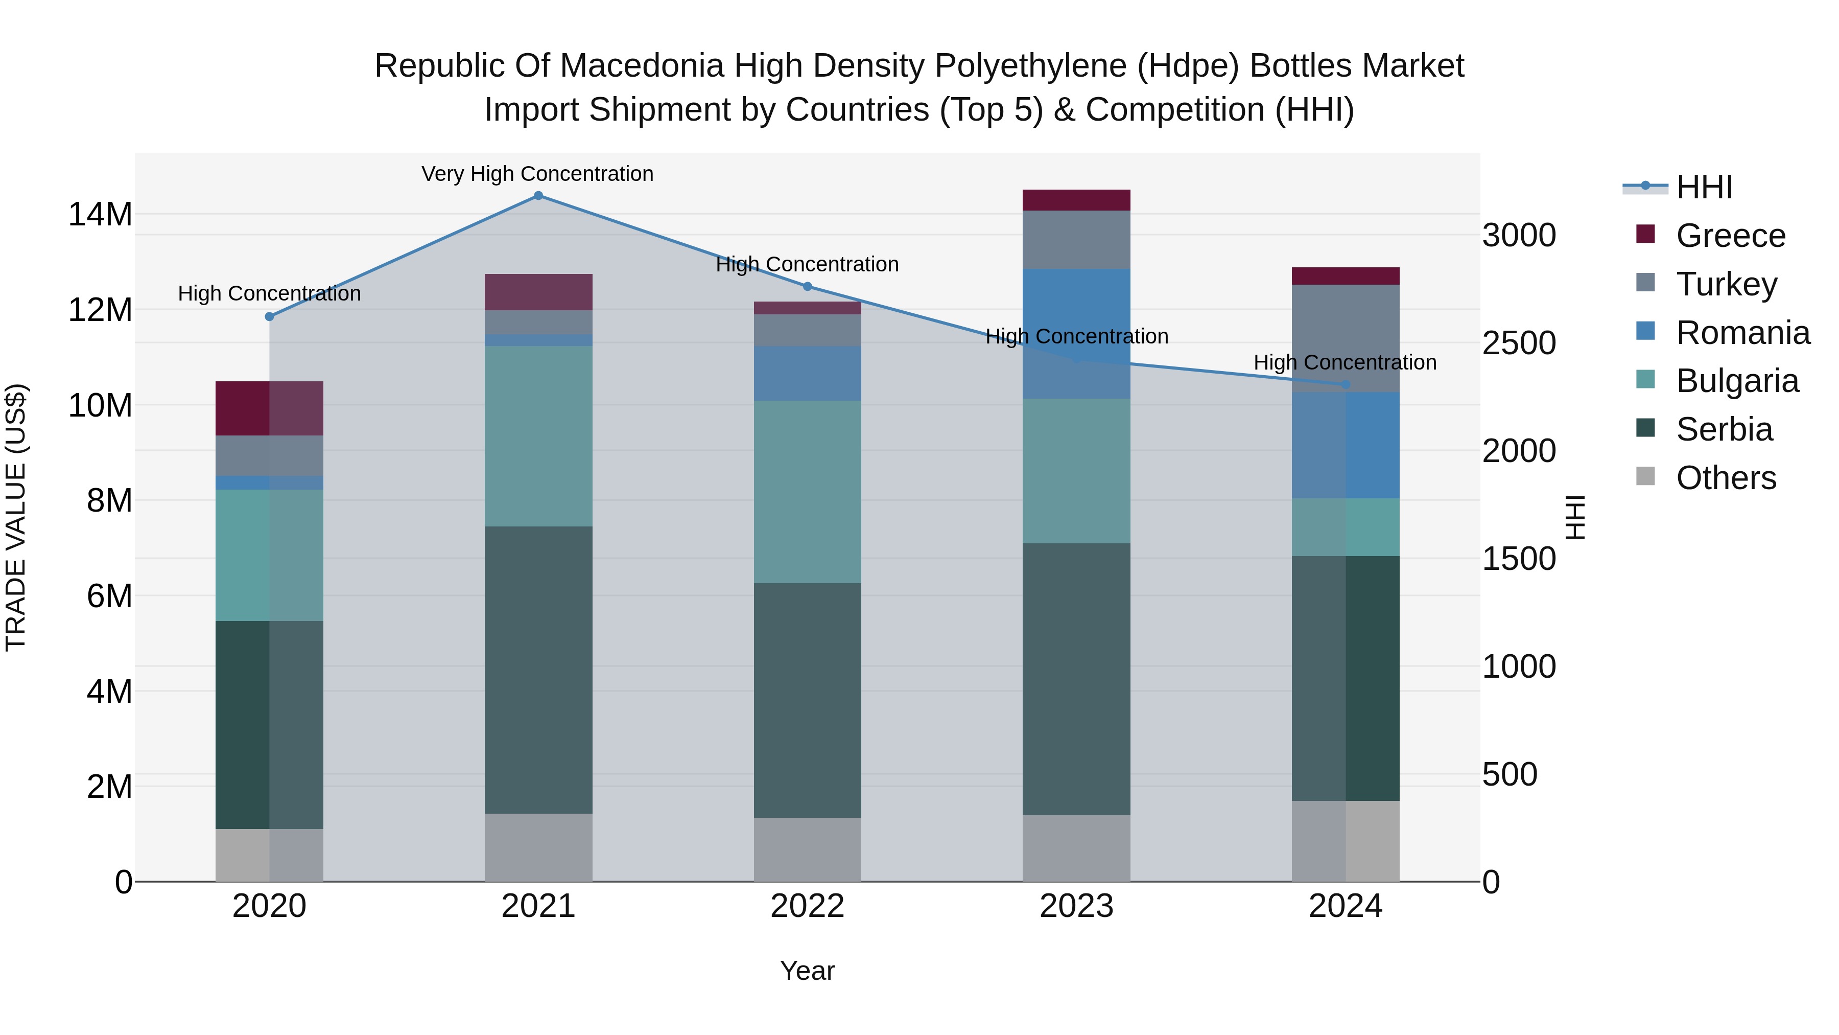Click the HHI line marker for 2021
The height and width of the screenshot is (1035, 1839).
coord(538,196)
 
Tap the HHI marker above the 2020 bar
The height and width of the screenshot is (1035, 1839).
coord(269,316)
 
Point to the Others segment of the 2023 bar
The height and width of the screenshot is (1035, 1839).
coord(1076,848)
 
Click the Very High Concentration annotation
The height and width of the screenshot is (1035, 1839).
coord(537,174)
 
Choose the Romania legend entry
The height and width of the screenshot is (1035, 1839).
coord(1742,333)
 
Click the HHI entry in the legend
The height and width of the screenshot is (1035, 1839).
coord(1703,187)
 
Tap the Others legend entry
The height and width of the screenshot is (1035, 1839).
coord(1725,478)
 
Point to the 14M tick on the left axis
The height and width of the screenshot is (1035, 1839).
coord(100,214)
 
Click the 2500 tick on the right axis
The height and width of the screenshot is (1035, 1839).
coord(1519,343)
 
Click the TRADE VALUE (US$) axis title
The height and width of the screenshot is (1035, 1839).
coord(16,517)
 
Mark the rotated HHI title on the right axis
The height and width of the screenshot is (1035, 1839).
coord(1575,517)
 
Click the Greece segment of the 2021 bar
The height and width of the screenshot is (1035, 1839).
coord(538,291)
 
